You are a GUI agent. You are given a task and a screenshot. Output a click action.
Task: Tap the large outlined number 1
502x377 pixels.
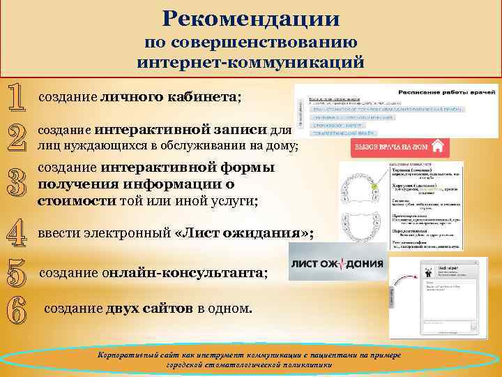tap(18, 98)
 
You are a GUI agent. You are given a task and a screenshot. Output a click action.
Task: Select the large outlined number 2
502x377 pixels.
tap(18, 137)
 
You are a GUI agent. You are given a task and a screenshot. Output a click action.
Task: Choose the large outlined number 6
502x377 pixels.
tap(18, 308)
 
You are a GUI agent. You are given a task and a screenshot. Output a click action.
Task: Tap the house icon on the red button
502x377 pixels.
tap(439, 147)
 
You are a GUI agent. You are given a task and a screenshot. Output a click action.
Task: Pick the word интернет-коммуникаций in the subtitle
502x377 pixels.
tap(251, 61)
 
